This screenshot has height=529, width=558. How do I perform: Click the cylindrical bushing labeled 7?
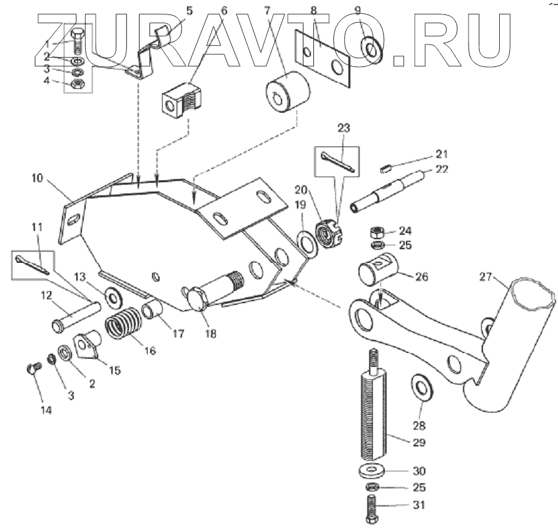[288, 93]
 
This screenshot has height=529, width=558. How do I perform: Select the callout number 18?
[210, 334]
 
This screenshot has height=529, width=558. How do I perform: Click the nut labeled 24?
[378, 231]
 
